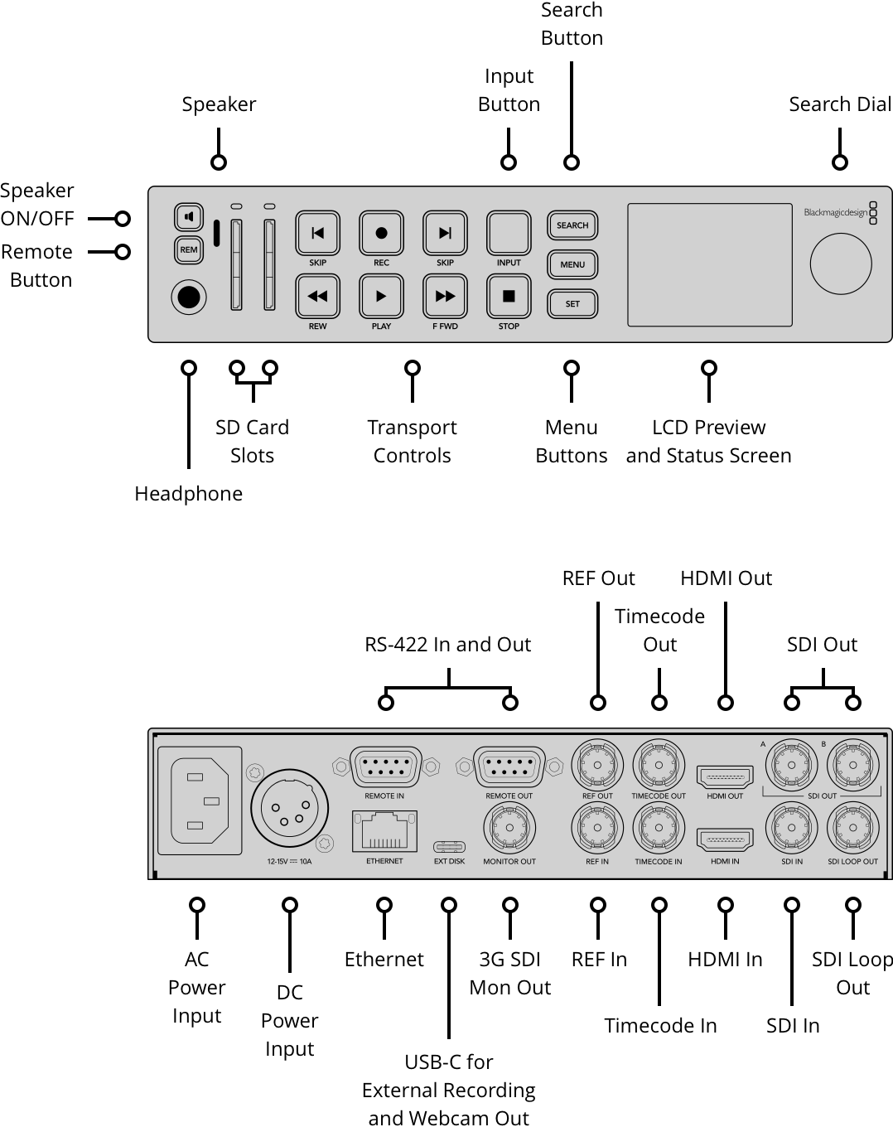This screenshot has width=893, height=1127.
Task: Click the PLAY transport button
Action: coord(381,296)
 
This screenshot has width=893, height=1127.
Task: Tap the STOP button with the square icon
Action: coord(509,296)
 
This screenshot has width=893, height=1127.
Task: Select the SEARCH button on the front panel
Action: coord(572,225)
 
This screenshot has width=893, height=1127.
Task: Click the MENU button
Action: coord(572,264)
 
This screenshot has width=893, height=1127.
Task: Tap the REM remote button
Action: coord(189,249)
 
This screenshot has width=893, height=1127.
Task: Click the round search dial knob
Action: coord(840,264)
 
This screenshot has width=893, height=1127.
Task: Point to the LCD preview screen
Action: coord(709,264)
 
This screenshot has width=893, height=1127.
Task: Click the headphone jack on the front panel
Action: coord(189,297)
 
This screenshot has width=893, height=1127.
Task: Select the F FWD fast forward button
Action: coord(445,296)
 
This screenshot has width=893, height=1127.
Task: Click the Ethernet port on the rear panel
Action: coord(384,831)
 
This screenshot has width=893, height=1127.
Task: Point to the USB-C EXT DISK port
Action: coord(449,847)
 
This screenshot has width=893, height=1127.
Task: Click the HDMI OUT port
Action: coord(725,777)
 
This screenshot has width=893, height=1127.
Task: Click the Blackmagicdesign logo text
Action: coord(835,213)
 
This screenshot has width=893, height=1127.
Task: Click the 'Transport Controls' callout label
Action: coord(412,441)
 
